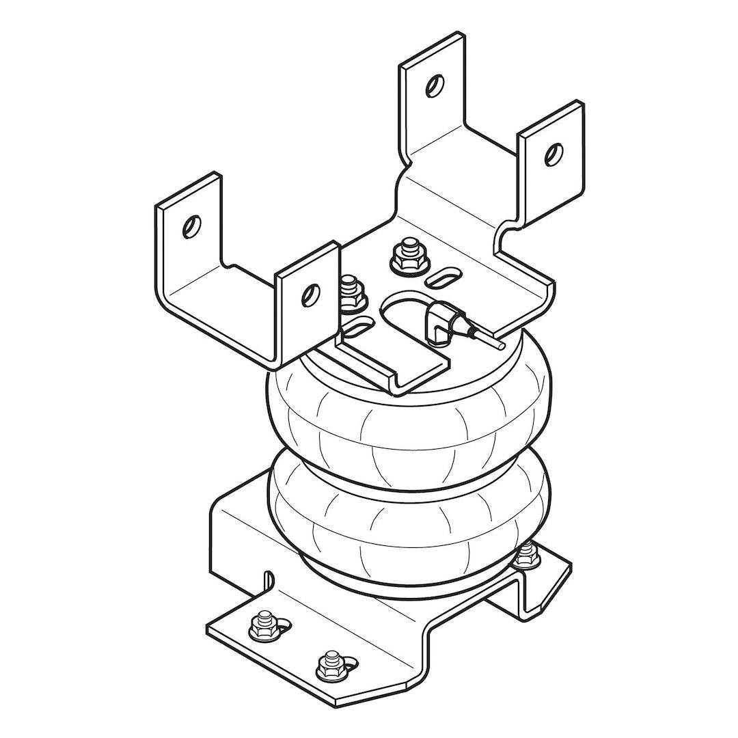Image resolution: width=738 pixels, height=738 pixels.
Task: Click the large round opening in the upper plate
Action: coord(405,311)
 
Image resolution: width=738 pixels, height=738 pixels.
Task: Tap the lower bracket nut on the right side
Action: coord(525,554)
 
